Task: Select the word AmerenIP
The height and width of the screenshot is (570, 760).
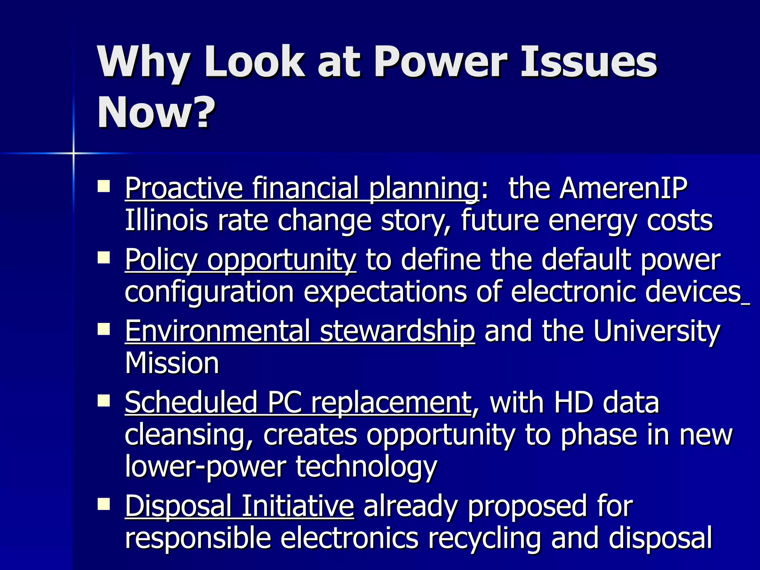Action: (x=623, y=188)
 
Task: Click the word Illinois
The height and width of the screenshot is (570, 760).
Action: (x=166, y=220)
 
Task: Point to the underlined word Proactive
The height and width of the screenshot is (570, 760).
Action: (x=184, y=188)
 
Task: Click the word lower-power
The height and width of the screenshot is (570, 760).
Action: (x=205, y=466)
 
